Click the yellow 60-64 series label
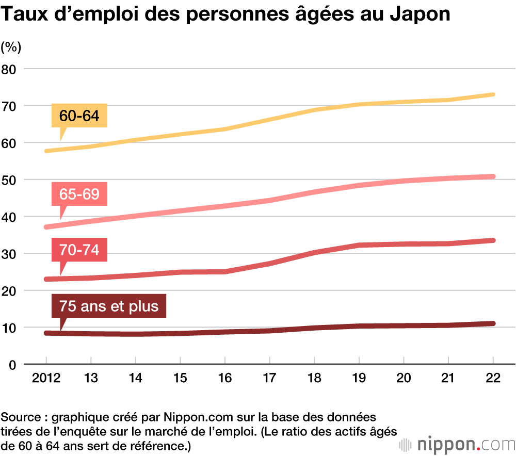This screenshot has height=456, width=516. tap(79, 116)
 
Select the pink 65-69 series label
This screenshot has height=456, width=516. tap(79, 194)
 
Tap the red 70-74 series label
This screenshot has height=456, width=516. tap(79, 251)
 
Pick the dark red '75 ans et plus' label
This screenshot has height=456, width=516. tap(109, 306)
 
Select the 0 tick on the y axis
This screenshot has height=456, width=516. tap(12, 365)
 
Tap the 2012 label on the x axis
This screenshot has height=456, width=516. tap(46, 378)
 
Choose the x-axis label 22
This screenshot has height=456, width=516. tap(493, 378)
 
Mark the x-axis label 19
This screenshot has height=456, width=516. tap(359, 378)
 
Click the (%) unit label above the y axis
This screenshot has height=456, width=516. tap(11, 47)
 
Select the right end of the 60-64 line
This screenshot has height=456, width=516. tap(493, 94)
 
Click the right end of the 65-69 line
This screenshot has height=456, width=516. tap(493, 176)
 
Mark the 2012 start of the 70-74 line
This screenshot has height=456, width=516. tap(46, 279)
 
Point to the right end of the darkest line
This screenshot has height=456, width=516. tap(493, 323)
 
